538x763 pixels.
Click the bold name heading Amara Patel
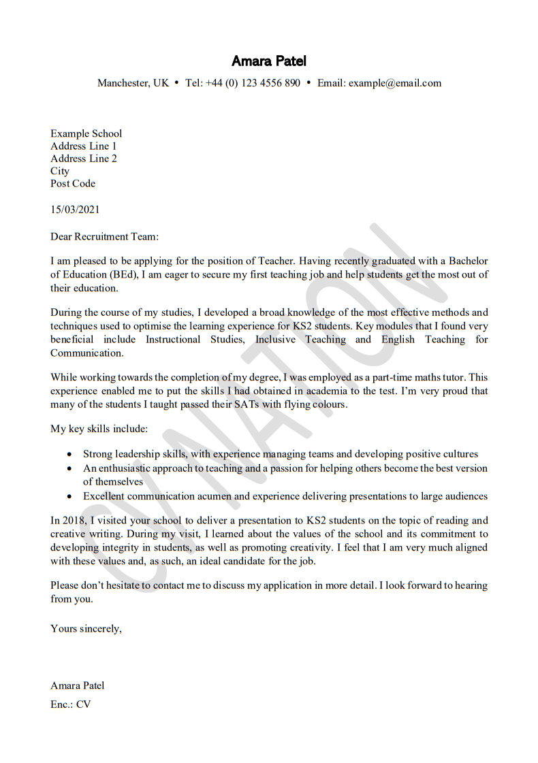(x=269, y=61)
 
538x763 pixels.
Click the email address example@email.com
(x=395, y=83)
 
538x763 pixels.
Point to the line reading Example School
(x=86, y=133)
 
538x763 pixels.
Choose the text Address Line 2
(x=84, y=159)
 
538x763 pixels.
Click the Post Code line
(x=73, y=184)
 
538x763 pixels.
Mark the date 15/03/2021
(x=75, y=210)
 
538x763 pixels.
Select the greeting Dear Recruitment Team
(x=104, y=237)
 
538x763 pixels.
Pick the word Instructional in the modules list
(x=173, y=340)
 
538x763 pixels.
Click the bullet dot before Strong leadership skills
(x=69, y=454)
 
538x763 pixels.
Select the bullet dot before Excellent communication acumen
(x=69, y=497)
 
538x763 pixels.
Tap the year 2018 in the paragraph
(x=72, y=521)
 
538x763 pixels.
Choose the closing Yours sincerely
(x=86, y=629)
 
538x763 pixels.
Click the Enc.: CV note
(x=71, y=704)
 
